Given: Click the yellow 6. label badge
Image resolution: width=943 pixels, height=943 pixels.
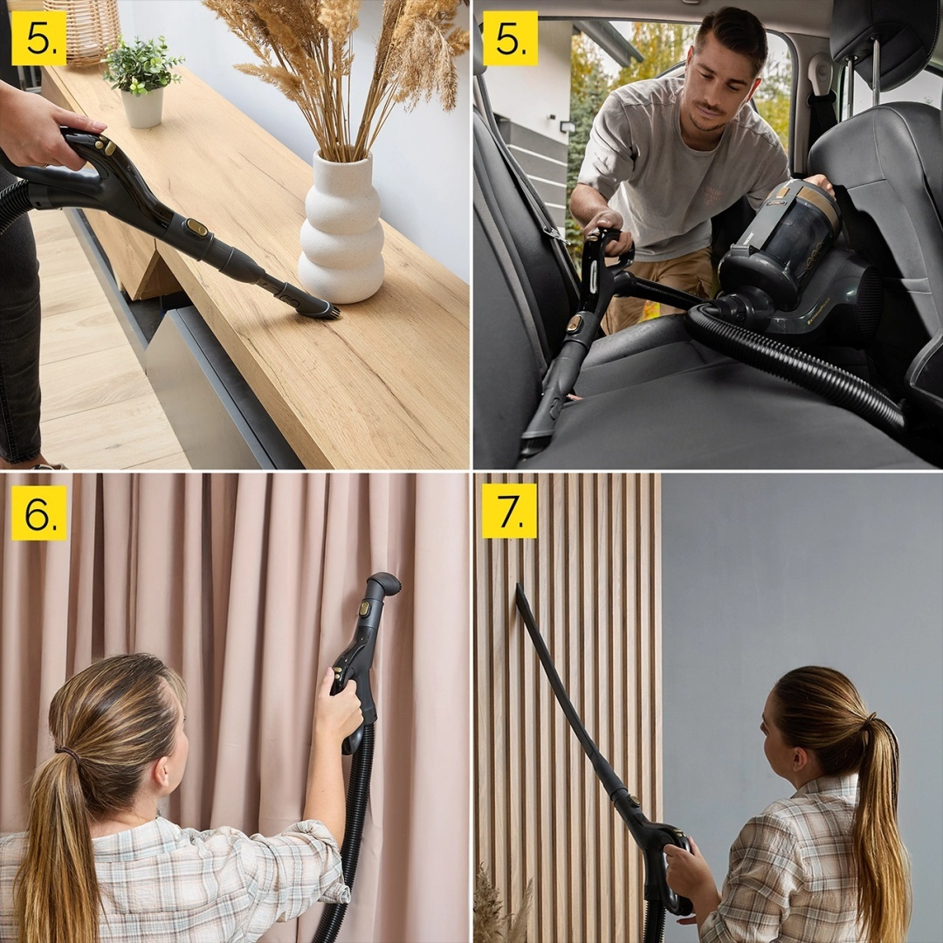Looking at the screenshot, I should (38, 513).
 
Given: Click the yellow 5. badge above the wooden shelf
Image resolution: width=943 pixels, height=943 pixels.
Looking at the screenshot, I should (38, 38).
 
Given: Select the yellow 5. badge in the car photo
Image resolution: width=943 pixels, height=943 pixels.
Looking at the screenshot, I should (510, 38).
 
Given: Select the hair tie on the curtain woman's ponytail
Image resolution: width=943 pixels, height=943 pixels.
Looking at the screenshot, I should (67, 750).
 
